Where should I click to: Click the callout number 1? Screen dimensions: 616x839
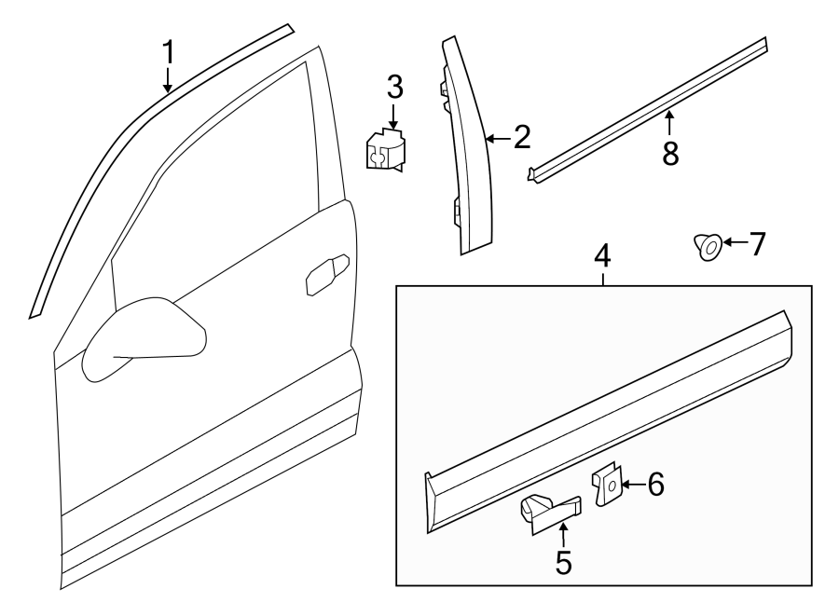[x=168, y=53]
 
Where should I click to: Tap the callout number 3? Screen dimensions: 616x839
[x=394, y=89]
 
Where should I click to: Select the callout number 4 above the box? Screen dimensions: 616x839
[x=603, y=254]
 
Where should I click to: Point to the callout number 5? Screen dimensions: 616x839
[x=563, y=561]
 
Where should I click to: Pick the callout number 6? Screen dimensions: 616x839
[x=655, y=485]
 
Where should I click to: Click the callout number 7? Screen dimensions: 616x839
[x=756, y=244]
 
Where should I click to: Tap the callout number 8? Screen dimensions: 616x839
[x=669, y=153]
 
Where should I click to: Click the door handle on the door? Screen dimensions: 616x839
[x=327, y=275]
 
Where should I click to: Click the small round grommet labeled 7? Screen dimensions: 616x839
[x=707, y=246]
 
